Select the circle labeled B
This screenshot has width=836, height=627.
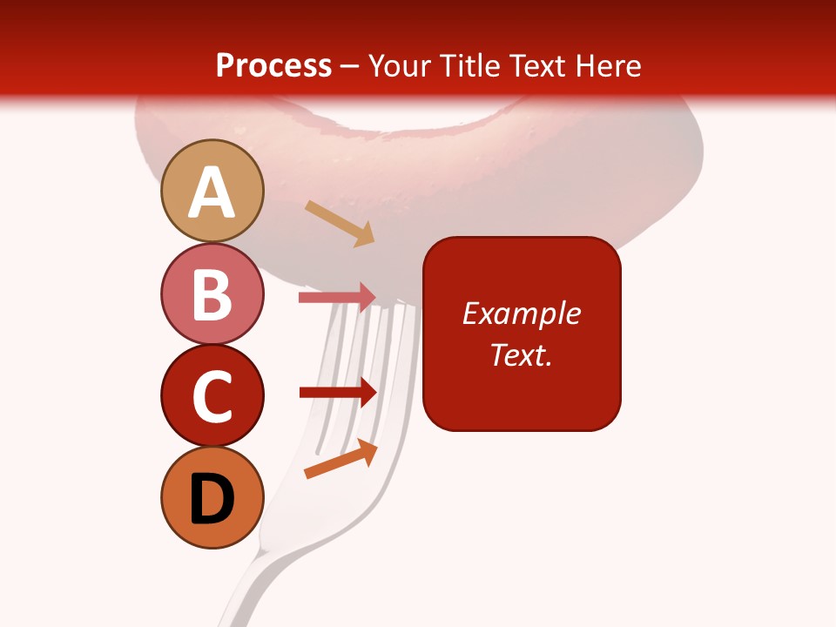(212, 293)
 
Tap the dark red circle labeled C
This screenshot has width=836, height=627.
(212, 394)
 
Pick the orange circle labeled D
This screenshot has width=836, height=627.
(212, 497)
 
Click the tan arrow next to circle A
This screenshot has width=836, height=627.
(340, 223)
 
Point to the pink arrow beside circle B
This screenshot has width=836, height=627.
(337, 297)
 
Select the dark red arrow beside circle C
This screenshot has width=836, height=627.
(337, 393)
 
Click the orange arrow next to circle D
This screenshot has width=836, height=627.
(340, 459)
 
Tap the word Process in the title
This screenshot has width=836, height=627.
(273, 65)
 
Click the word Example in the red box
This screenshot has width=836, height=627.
(521, 313)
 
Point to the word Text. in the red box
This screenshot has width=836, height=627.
(521, 354)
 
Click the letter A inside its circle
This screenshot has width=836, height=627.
(212, 192)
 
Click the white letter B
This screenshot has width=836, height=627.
(212, 294)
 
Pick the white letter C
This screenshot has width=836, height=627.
(212, 396)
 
